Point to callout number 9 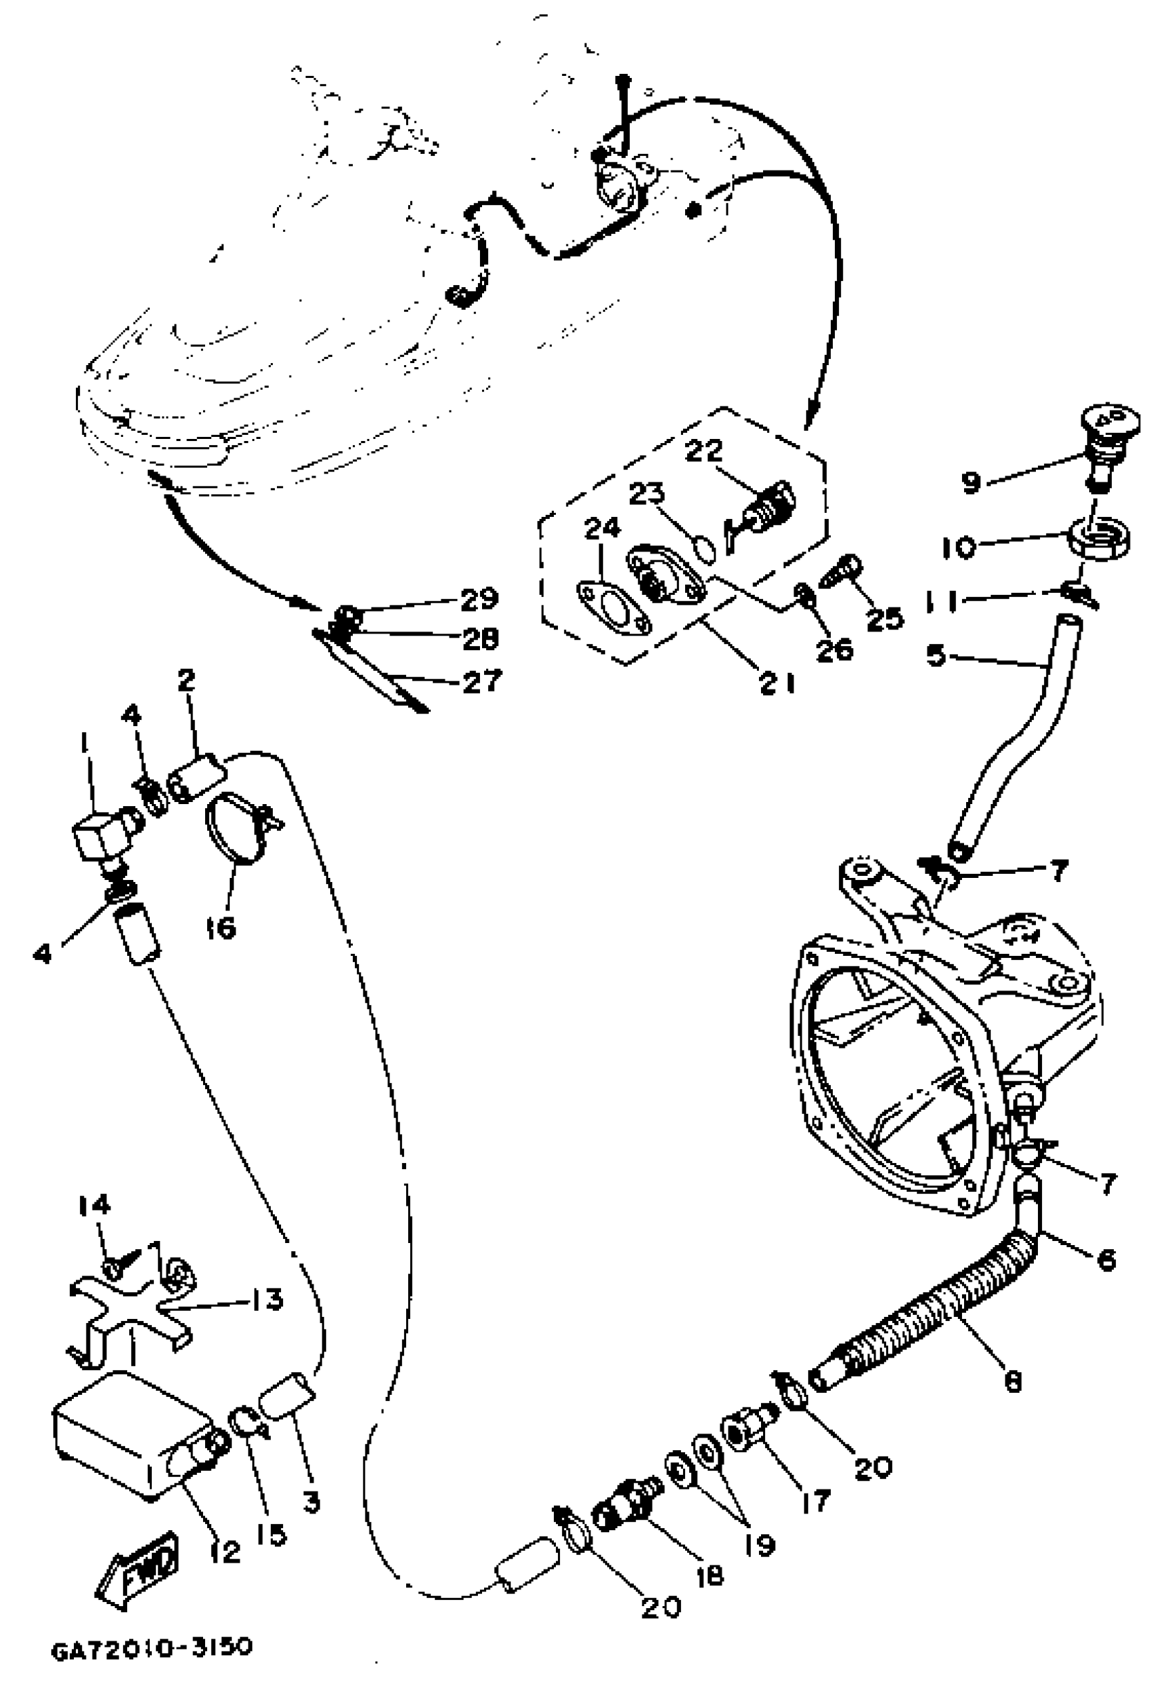[x=971, y=482]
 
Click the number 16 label [x=220, y=928]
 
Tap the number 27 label [x=481, y=681]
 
